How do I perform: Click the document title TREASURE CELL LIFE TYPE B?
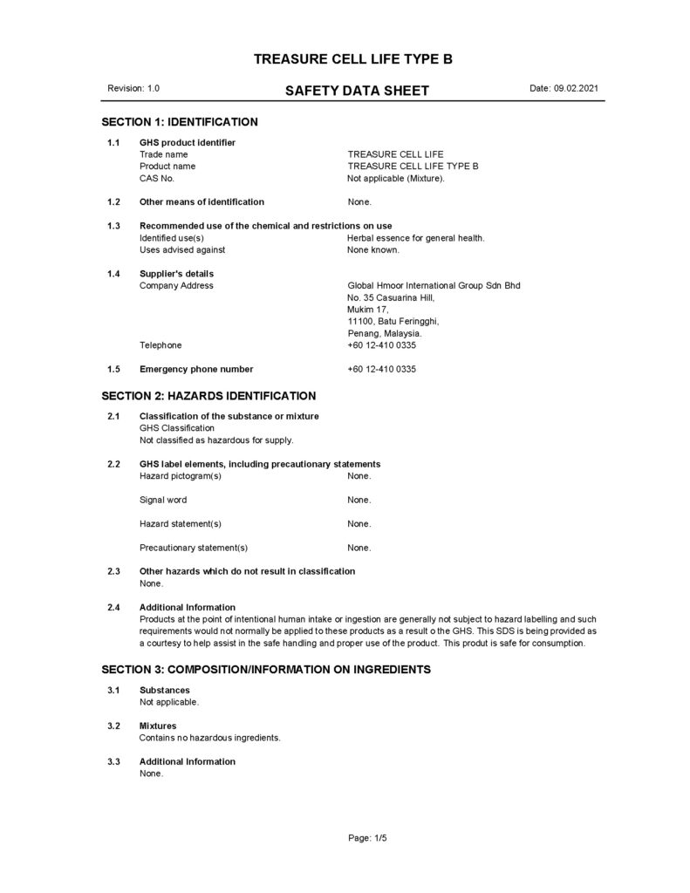[x=352, y=59]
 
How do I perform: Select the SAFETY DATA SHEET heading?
[x=357, y=91]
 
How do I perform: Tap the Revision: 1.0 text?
[x=133, y=89]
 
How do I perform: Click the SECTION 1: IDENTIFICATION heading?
[x=180, y=121]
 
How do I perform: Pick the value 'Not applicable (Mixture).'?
[x=396, y=178]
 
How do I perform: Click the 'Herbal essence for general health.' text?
[x=415, y=237]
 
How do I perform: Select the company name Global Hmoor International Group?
[x=434, y=285]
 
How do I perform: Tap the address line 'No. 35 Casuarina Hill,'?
[x=390, y=297]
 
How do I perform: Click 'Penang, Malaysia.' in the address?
[x=385, y=333]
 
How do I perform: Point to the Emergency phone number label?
[x=196, y=369]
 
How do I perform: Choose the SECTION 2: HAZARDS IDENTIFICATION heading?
[x=208, y=395]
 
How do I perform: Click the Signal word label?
[x=163, y=500]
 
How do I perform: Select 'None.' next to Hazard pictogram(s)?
[x=359, y=475]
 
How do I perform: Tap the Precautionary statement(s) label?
[x=194, y=548]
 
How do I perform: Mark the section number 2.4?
[x=113, y=607]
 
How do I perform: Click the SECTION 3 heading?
[x=266, y=670]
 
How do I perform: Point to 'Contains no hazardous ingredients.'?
[x=210, y=737]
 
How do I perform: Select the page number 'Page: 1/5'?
[x=367, y=838]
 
